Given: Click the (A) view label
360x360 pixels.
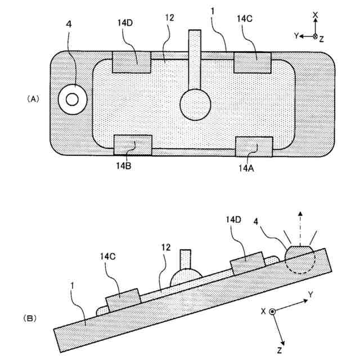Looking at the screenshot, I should click(x=33, y=98).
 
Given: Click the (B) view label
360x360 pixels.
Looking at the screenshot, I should click(x=30, y=318).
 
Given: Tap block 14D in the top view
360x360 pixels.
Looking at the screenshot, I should click(x=132, y=62).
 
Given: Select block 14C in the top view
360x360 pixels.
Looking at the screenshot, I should click(x=253, y=62).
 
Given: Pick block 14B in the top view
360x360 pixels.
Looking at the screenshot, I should click(x=133, y=145).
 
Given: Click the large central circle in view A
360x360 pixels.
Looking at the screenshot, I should click(x=195, y=105).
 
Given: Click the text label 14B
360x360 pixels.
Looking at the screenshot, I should click(x=124, y=166).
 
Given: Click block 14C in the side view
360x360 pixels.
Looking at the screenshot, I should click(x=123, y=300).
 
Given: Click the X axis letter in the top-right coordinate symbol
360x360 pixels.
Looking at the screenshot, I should click(x=316, y=15).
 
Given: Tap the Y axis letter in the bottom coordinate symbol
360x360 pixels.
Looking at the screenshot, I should click(x=310, y=294).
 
